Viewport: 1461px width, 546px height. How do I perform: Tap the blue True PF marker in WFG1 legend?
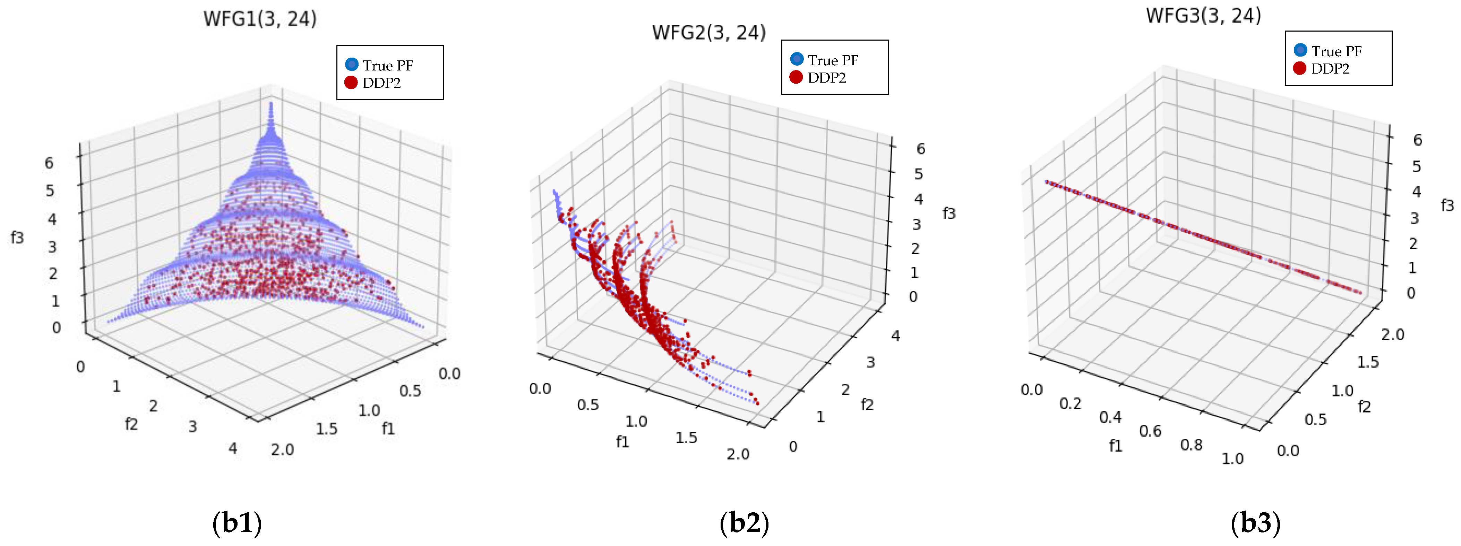tap(352, 64)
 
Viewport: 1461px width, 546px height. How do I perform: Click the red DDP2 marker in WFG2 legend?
tap(796, 77)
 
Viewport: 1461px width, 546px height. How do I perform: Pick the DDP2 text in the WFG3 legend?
tap(1330, 69)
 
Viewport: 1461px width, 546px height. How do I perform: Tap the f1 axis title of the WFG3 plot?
tap(1116, 446)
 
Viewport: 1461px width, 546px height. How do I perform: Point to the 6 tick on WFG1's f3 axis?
tap(49, 163)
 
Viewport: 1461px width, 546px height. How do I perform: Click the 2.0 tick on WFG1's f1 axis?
tap(282, 450)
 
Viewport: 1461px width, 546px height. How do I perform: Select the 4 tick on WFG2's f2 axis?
tap(895, 336)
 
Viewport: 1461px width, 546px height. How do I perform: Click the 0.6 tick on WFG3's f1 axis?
tap(1151, 431)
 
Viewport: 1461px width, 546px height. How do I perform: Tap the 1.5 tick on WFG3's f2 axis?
tap(1367, 362)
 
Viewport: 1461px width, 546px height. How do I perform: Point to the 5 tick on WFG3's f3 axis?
tap(1416, 166)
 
